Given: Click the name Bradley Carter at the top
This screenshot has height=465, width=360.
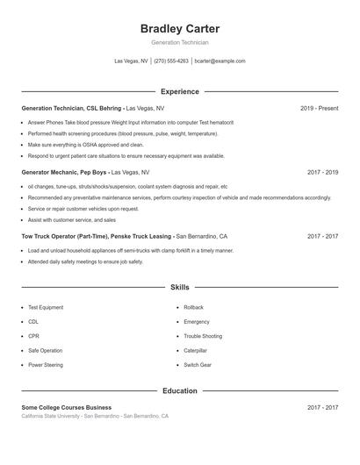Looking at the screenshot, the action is pyautogui.click(x=180, y=29).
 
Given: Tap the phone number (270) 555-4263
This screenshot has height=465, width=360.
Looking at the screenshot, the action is pyautogui.click(x=171, y=61).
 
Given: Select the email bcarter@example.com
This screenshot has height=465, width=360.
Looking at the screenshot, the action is pyautogui.click(x=220, y=61).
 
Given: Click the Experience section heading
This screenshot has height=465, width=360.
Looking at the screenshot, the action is pyautogui.click(x=180, y=91).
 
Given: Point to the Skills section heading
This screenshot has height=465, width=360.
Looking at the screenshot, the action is pyautogui.click(x=180, y=287).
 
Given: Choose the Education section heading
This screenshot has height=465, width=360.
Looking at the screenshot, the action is pyautogui.click(x=180, y=390).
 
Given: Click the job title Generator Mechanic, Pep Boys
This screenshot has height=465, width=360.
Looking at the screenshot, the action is pyautogui.click(x=66, y=173).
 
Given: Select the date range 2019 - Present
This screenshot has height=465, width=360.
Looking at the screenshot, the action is pyautogui.click(x=319, y=109).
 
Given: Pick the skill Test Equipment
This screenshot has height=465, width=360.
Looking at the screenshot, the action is pyautogui.click(x=46, y=308).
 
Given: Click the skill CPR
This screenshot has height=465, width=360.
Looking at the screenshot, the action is pyautogui.click(x=33, y=336).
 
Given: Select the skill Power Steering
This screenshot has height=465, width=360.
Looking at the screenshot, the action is pyautogui.click(x=46, y=364).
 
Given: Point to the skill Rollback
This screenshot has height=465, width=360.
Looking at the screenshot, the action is pyautogui.click(x=193, y=308).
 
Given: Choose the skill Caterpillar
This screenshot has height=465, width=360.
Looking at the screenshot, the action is pyautogui.click(x=195, y=350).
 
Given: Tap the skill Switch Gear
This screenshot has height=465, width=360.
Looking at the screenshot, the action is pyautogui.click(x=198, y=364).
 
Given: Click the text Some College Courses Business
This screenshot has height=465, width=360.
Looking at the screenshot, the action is pyautogui.click(x=67, y=408).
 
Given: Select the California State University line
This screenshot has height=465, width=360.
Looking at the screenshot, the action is pyautogui.click(x=95, y=416).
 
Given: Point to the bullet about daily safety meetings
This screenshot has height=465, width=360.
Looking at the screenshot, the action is pyautogui.click(x=85, y=261).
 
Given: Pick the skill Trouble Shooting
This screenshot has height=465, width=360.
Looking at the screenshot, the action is pyautogui.click(x=203, y=336).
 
